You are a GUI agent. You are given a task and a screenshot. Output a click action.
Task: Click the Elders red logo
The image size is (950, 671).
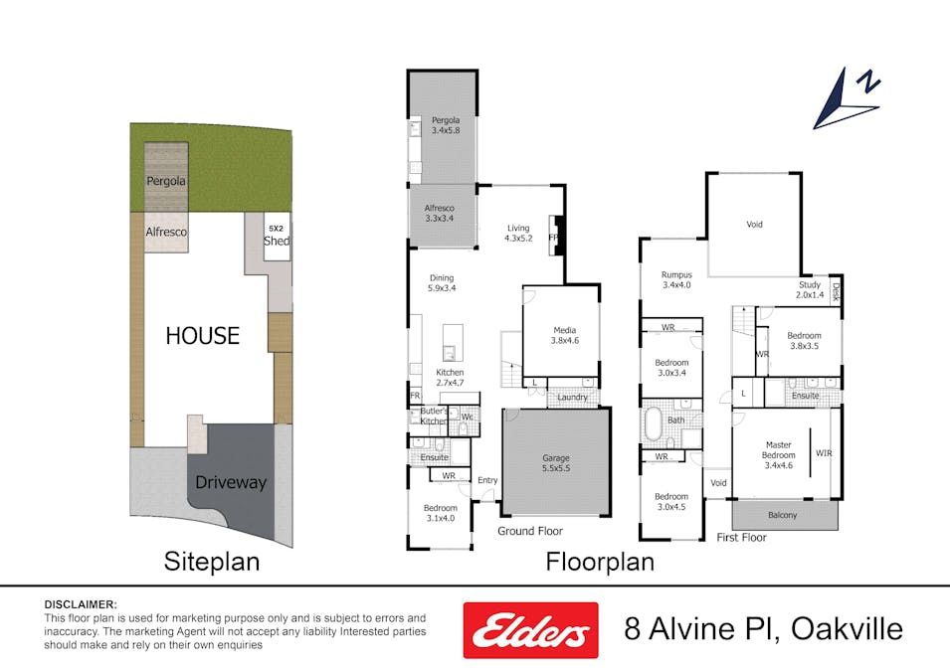(x=530, y=630)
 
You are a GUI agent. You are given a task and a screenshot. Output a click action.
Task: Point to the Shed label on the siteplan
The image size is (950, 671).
(x=277, y=241)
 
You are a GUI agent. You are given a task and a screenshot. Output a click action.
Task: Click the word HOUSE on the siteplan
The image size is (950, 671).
(x=202, y=336)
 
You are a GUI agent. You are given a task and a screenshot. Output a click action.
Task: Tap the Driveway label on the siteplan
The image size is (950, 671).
(x=231, y=482)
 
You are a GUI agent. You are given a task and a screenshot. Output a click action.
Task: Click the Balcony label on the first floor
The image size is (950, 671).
(x=783, y=515)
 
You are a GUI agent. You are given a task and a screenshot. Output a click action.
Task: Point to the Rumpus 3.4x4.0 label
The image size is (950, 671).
(x=676, y=280)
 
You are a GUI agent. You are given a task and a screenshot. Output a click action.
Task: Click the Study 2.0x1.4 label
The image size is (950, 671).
(x=809, y=290)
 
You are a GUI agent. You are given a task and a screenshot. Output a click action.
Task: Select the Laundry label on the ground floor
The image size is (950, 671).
(x=572, y=398)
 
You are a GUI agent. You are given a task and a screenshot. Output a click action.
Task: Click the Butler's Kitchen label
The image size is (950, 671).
(x=434, y=417)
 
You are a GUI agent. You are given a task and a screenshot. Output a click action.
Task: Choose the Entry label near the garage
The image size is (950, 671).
(x=487, y=480)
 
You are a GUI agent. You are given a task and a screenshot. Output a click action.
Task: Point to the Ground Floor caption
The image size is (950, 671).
(x=530, y=531)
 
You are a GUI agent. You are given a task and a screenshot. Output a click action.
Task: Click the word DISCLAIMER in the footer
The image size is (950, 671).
(x=81, y=604)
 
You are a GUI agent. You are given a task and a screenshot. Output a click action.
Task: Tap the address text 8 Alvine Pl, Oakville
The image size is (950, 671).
(x=763, y=629)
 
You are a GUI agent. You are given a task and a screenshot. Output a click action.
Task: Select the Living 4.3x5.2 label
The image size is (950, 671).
(x=518, y=233)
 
